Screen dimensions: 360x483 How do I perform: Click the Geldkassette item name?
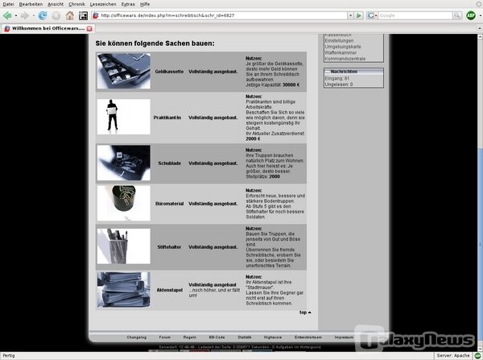click(x=169, y=71)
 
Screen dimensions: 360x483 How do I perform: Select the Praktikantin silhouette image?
click(x=118, y=116)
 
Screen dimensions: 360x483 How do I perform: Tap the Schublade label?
click(x=169, y=163)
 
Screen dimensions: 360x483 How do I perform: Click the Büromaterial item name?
click(x=170, y=204)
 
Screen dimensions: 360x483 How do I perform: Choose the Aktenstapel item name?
click(x=169, y=287)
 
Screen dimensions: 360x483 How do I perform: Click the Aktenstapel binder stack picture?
click(x=118, y=290)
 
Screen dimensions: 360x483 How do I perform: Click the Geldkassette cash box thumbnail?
click(x=118, y=71)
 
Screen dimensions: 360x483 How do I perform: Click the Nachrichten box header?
click(x=353, y=72)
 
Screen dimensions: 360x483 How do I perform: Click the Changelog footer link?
click(x=136, y=337)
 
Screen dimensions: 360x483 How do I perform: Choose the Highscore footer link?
click(x=272, y=337)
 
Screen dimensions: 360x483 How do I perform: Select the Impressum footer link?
click(x=344, y=337)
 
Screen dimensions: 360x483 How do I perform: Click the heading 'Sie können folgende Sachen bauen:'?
click(x=155, y=42)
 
